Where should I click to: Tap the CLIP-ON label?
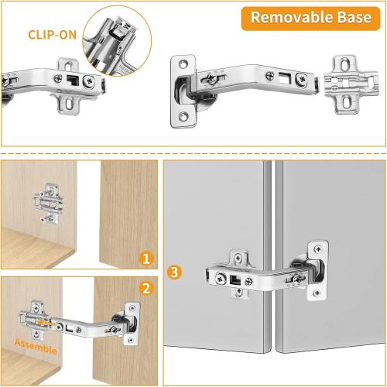tap(51, 35)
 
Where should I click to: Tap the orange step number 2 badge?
tap(146, 289)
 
